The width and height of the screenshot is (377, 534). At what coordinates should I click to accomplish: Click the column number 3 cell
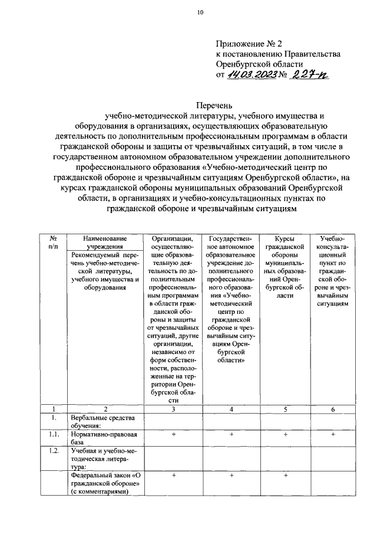pyautogui.click(x=173, y=409)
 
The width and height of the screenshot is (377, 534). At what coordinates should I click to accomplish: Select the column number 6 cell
pyautogui.click(x=333, y=409)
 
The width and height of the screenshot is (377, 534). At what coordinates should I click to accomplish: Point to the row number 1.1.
pyautogui.click(x=52, y=435)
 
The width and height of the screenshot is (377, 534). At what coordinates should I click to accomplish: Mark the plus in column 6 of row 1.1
pyautogui.click(x=333, y=435)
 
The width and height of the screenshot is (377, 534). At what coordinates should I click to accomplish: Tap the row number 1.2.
pyautogui.click(x=52, y=451)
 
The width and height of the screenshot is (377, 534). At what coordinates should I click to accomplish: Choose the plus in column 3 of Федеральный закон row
pyautogui.click(x=173, y=474)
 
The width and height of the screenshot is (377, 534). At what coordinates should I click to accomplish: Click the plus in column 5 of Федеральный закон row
pyautogui.click(x=285, y=474)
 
